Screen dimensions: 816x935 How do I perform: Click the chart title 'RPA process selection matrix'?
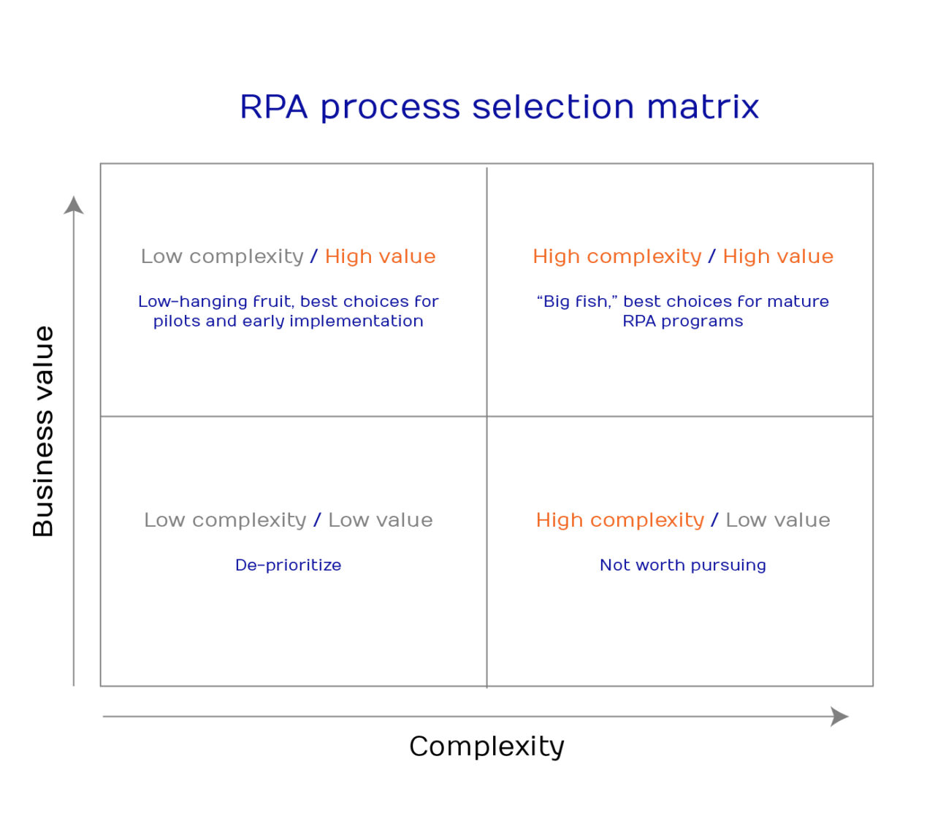(499, 107)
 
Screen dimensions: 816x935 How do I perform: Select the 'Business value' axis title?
(43, 431)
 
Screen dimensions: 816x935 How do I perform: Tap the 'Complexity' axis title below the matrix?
(486, 747)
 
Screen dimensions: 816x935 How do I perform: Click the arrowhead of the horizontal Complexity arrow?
(840, 717)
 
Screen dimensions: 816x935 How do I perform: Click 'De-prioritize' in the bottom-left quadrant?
(288, 565)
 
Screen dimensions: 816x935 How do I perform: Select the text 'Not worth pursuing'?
(682, 565)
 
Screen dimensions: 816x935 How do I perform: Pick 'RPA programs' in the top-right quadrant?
(682, 321)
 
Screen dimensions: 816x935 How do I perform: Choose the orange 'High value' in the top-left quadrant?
(380, 256)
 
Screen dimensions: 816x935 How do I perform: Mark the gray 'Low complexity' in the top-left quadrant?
(222, 256)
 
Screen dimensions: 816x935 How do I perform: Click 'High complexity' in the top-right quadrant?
(617, 256)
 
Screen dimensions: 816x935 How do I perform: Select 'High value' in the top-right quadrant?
(778, 256)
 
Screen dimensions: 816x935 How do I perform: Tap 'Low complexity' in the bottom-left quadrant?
(225, 520)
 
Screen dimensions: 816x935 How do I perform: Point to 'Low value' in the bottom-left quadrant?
(380, 520)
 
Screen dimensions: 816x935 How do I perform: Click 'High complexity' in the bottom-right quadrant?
(619, 520)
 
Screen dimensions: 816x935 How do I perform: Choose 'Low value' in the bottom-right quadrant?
(778, 520)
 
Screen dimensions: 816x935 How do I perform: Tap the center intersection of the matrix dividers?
(487, 416)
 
